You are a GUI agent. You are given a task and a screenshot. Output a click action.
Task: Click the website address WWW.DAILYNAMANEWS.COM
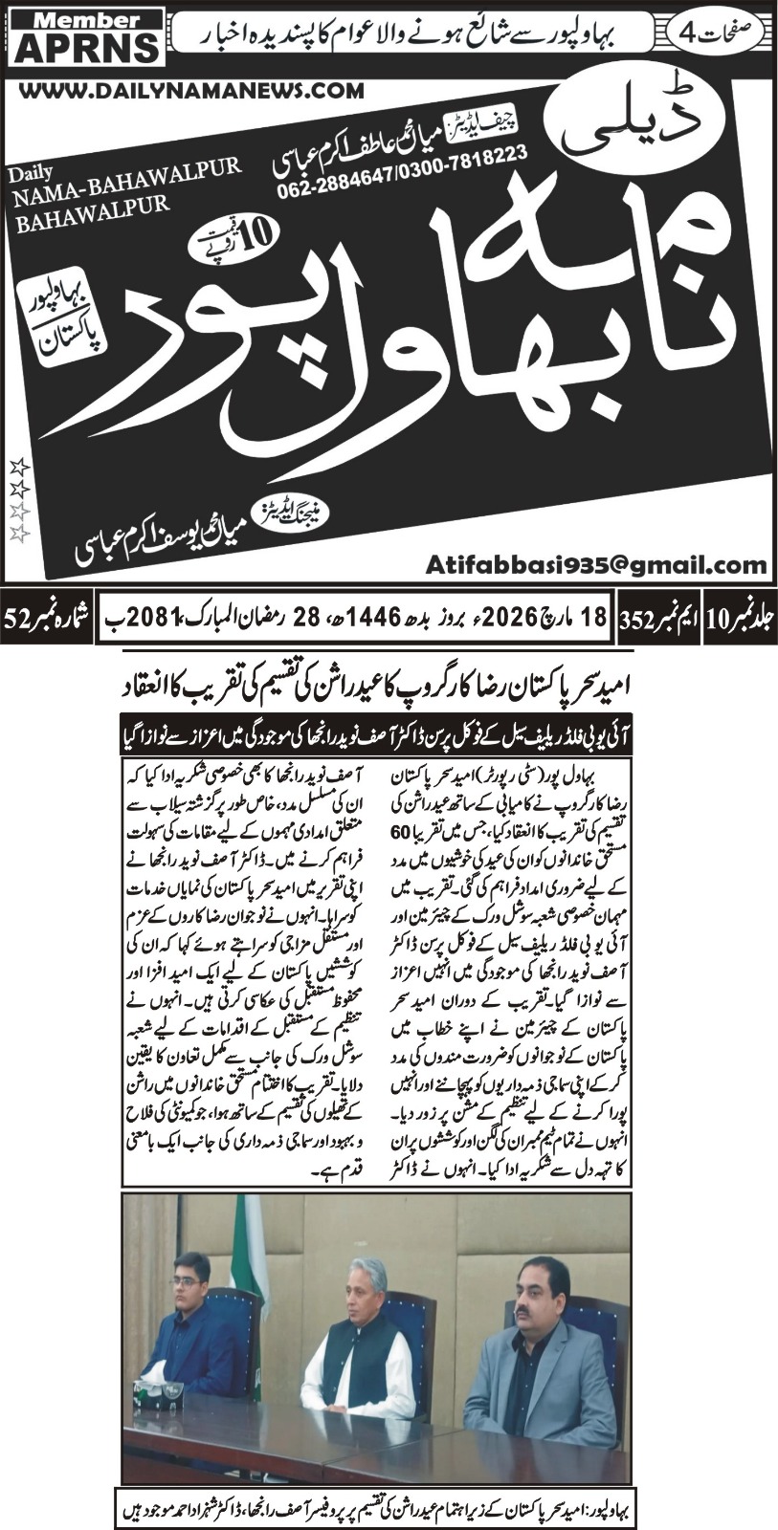point(190,90)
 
